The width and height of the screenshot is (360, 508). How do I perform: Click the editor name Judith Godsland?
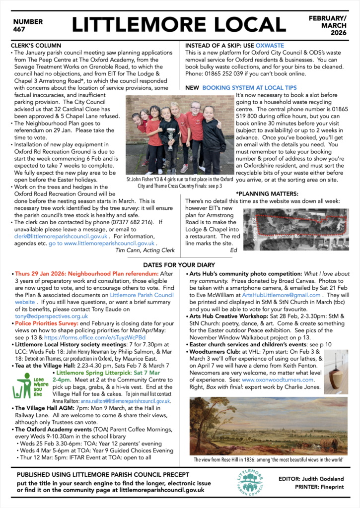(324, 478)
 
